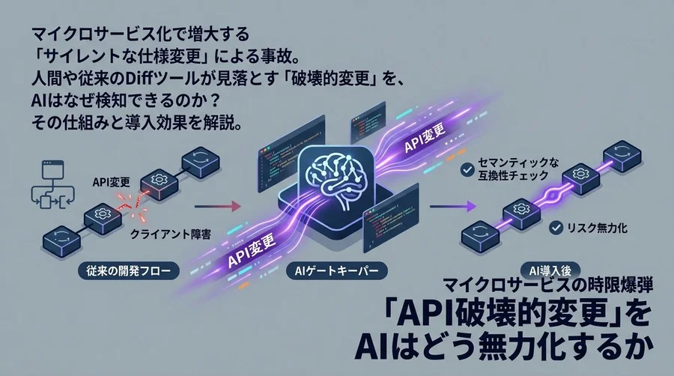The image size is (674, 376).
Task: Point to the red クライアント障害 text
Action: [170, 234]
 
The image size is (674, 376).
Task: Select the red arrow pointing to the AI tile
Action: [224, 204]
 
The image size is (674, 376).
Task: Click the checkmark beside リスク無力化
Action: [556, 225]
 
